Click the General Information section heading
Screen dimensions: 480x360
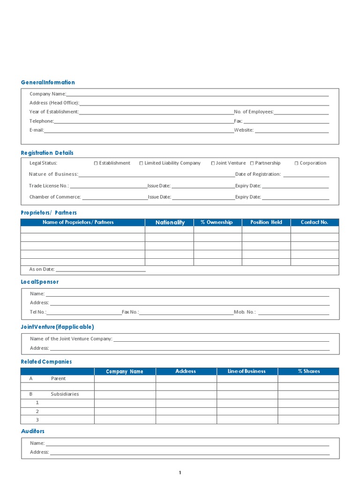(x=48, y=82)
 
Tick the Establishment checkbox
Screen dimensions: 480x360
(x=96, y=163)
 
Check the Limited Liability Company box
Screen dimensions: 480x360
(x=141, y=163)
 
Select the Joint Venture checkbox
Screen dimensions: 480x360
(x=213, y=163)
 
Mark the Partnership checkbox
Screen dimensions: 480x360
(x=252, y=163)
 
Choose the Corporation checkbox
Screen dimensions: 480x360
(x=296, y=163)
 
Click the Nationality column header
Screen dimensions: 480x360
(x=170, y=223)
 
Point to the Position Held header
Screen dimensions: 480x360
(x=266, y=222)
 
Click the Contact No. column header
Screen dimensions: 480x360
(x=314, y=222)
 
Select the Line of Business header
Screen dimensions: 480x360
(x=247, y=371)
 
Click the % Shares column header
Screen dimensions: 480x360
(x=308, y=371)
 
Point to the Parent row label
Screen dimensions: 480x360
(x=58, y=378)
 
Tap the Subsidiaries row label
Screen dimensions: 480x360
(x=65, y=394)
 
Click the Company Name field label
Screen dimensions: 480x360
(x=48, y=94)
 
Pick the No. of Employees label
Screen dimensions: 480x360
(x=254, y=112)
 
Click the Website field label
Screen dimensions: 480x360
(x=244, y=130)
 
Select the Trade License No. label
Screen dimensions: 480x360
(x=49, y=186)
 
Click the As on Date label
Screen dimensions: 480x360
(x=42, y=270)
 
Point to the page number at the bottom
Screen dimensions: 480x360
(x=180, y=472)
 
